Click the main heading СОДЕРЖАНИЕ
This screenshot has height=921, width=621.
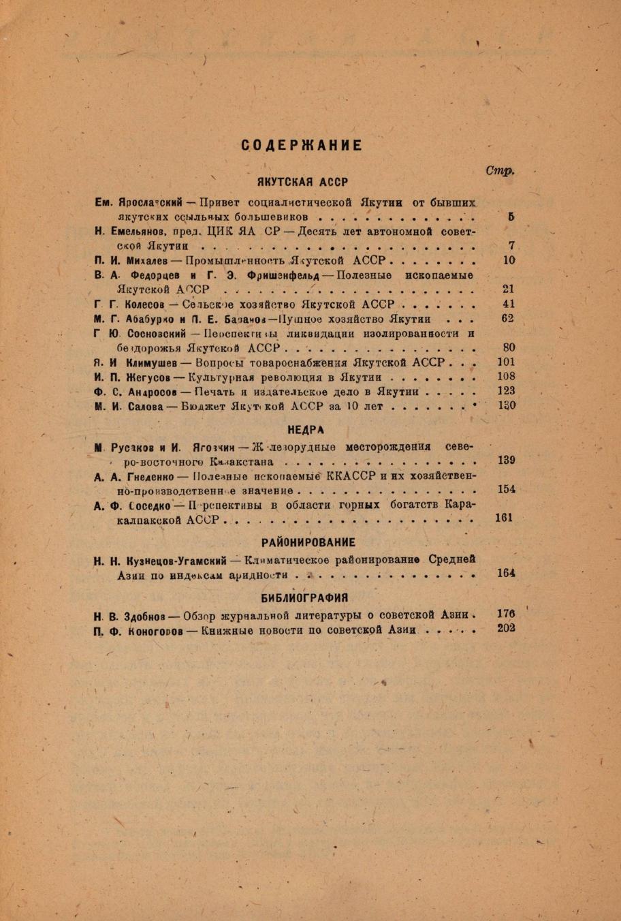(x=302, y=145)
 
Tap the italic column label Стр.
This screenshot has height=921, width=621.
(x=499, y=170)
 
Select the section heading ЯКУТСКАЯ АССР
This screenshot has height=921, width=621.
(x=302, y=183)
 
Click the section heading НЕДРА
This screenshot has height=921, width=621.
(x=306, y=430)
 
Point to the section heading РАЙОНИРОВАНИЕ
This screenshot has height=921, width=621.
(x=308, y=542)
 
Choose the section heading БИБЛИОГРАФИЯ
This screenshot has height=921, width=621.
(x=304, y=597)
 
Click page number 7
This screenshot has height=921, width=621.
(x=511, y=245)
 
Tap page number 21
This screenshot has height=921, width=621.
(x=508, y=289)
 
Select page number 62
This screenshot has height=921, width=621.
(x=507, y=318)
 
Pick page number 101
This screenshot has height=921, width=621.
(x=506, y=362)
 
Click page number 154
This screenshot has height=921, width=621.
(x=506, y=489)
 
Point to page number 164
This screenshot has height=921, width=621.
(x=506, y=573)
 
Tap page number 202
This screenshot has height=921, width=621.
(x=506, y=628)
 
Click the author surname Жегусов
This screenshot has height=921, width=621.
(x=145, y=377)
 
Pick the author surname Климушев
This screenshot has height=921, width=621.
(x=152, y=362)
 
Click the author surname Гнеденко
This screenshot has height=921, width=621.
(x=151, y=475)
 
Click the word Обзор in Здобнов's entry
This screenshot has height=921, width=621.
(x=203, y=616)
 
